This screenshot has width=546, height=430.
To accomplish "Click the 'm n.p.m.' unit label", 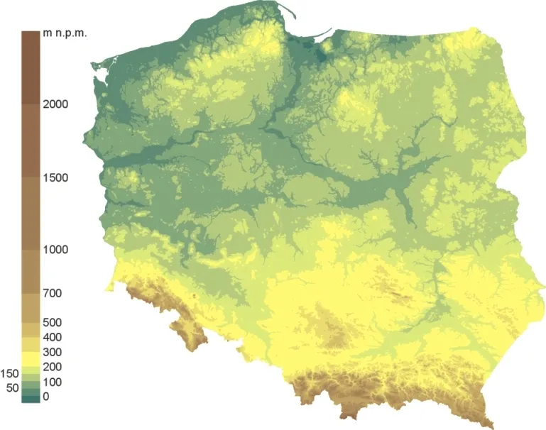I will (65, 34).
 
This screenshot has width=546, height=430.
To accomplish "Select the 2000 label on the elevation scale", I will (55, 104).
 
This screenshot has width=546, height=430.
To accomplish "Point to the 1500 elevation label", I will (55, 177).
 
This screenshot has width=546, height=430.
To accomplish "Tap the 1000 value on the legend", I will (55, 250).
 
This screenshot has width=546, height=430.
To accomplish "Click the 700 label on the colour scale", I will (52, 293).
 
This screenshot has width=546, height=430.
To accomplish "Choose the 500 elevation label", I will (52, 323).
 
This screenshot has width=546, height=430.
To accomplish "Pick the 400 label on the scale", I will (52, 338).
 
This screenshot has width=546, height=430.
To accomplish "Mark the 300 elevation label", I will (52, 353).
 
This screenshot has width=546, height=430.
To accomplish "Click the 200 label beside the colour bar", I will (52, 368).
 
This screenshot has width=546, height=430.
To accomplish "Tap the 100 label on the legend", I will (52, 382).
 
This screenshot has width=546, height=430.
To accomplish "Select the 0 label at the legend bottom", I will (46, 397).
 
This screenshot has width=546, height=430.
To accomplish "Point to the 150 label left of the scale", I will (10, 373).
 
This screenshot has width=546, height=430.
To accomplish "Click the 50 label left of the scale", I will (12, 388).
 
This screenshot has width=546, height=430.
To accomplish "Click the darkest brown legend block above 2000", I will (31, 67).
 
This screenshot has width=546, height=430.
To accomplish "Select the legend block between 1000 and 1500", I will (31, 213).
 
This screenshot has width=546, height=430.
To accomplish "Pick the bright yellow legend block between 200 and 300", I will (31, 360).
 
